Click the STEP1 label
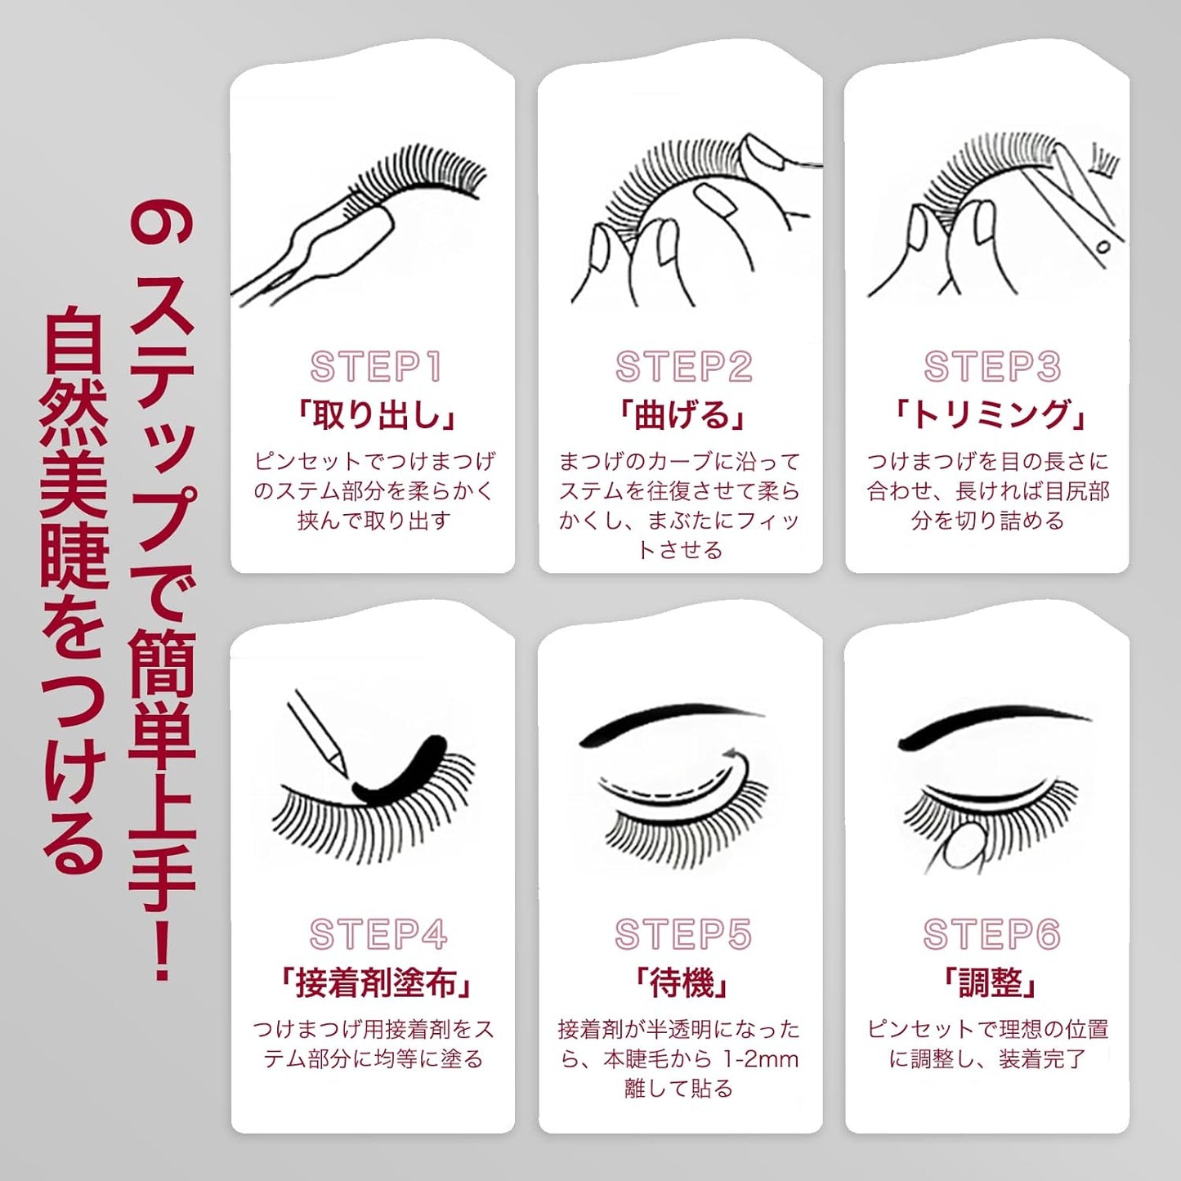tap(375, 366)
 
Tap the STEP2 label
tap(683, 366)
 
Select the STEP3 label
tap(991, 366)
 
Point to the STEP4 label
tap(378, 934)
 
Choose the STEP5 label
tap(683, 934)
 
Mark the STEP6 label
tap(991, 934)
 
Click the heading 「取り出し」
tap(375, 415)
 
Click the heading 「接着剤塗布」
tap(375, 983)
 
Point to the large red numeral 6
tap(161, 225)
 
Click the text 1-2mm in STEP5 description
tap(760, 1059)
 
